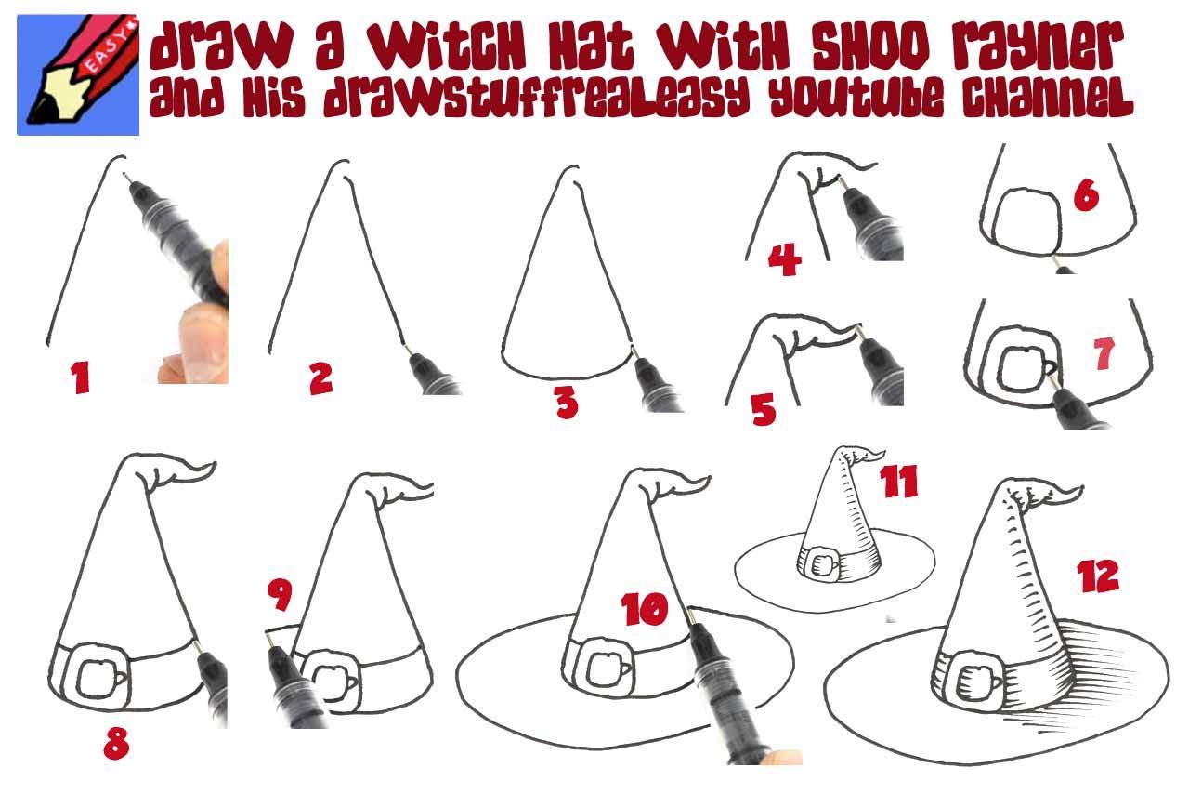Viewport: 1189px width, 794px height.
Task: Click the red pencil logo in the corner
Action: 78,74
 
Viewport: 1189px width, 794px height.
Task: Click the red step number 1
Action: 81,377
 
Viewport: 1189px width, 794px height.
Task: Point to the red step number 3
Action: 566,404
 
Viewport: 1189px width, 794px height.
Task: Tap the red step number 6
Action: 1085,196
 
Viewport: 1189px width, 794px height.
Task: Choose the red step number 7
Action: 1103,354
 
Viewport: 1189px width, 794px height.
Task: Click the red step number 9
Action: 279,596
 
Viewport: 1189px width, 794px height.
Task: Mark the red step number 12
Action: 1097,576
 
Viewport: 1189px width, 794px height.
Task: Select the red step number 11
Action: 898,482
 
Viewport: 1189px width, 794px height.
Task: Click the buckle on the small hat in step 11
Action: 820,563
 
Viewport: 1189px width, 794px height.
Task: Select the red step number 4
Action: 785,260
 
